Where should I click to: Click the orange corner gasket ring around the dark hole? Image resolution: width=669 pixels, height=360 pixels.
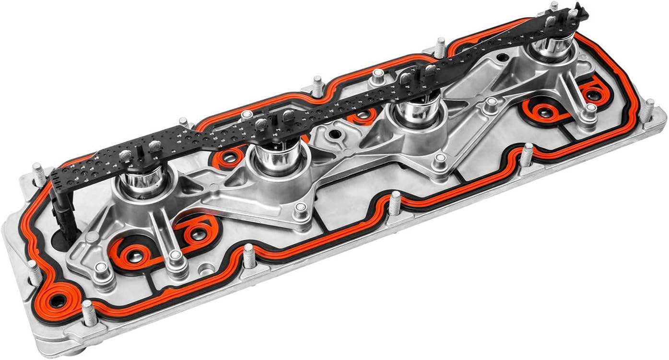[x=58, y=301]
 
